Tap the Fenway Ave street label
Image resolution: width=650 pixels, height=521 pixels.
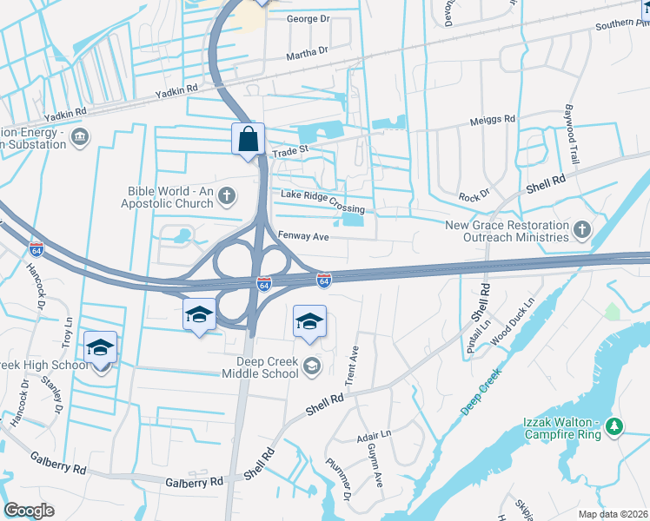303,236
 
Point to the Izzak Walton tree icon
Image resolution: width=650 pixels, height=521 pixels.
615,425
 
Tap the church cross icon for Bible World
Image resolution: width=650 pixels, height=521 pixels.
228,195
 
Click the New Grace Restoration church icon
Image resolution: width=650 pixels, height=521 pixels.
582,230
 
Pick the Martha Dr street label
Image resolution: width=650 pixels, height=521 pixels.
308,54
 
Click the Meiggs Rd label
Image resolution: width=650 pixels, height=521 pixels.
493,119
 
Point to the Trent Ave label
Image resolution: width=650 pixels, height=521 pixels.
352,366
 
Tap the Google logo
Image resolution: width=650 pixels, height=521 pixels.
29,511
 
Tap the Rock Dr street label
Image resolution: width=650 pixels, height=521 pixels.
474,196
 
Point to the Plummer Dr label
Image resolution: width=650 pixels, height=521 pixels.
337,478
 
